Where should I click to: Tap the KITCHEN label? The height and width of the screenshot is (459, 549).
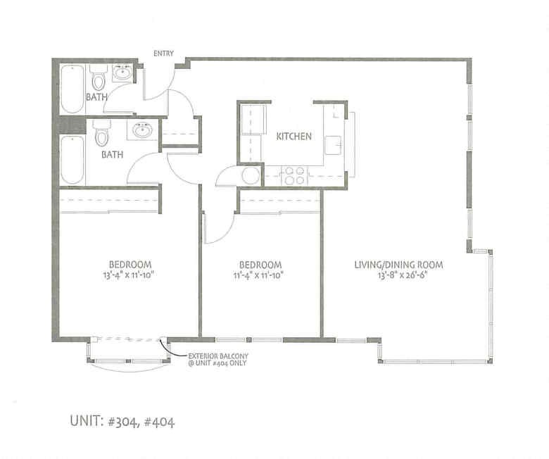[x=294, y=136]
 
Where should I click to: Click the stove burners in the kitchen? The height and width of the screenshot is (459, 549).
[x=293, y=175]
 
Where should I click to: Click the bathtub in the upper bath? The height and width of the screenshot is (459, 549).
[x=72, y=89]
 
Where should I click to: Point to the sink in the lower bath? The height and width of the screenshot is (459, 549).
[x=143, y=130]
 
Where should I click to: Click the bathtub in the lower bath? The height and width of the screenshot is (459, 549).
[x=72, y=160]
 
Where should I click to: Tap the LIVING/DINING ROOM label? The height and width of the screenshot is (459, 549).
[x=399, y=265]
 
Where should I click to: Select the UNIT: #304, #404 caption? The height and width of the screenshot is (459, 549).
[x=122, y=422]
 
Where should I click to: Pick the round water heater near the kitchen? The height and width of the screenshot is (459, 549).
[x=251, y=176]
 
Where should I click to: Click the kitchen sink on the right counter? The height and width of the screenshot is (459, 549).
[x=334, y=145]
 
